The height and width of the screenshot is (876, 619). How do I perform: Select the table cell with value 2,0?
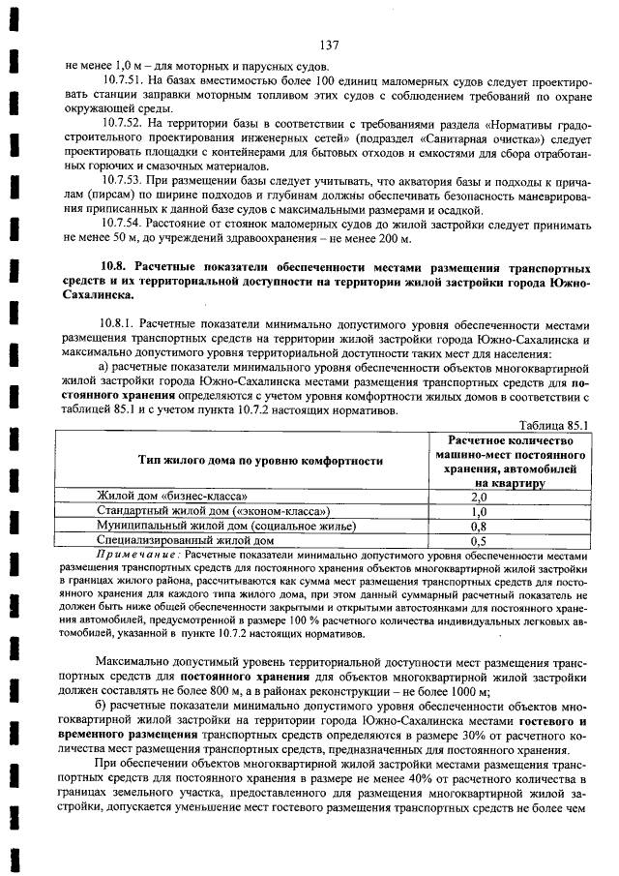coord(477,496)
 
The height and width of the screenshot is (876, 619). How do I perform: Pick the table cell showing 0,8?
coord(477,526)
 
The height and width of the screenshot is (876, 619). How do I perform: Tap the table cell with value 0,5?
coord(477,540)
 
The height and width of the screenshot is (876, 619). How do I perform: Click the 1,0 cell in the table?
coord(477,510)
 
